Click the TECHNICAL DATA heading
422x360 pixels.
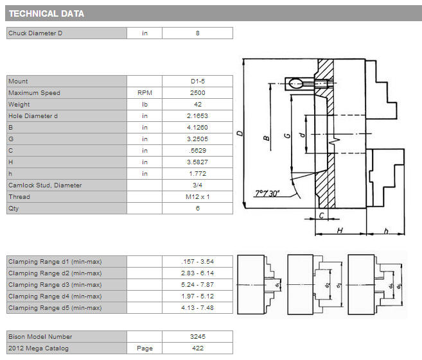(46, 13)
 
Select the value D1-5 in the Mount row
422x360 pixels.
(198, 81)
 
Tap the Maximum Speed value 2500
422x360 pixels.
(198, 93)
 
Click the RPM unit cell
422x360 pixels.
(145, 93)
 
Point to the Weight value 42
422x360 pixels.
(198, 105)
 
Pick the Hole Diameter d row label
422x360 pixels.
(33, 116)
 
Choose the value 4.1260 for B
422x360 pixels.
(198, 128)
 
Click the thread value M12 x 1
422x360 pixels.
(198, 197)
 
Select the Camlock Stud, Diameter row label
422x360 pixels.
(45, 185)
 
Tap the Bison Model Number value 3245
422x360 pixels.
(198, 337)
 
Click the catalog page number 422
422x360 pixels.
(198, 348)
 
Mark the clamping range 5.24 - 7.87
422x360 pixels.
(198, 285)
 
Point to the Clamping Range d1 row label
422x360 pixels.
(55, 262)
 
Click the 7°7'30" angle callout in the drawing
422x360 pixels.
(267, 193)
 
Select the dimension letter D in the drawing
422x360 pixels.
(240, 133)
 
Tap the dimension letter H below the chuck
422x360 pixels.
(340, 230)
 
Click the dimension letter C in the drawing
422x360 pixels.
(321, 216)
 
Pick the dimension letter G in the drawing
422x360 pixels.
(287, 135)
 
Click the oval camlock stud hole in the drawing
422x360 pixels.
(295, 83)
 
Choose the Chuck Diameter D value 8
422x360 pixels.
(198, 33)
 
